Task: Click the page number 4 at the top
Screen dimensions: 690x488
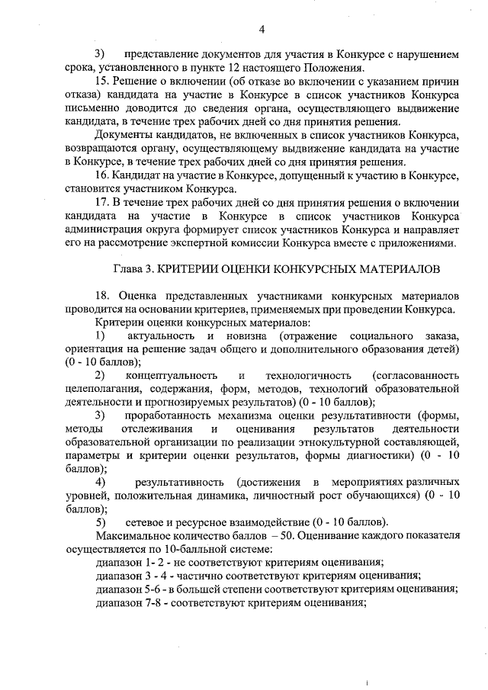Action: pyautogui.click(x=262, y=30)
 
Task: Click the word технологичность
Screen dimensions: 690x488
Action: pyautogui.click(x=308, y=375)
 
